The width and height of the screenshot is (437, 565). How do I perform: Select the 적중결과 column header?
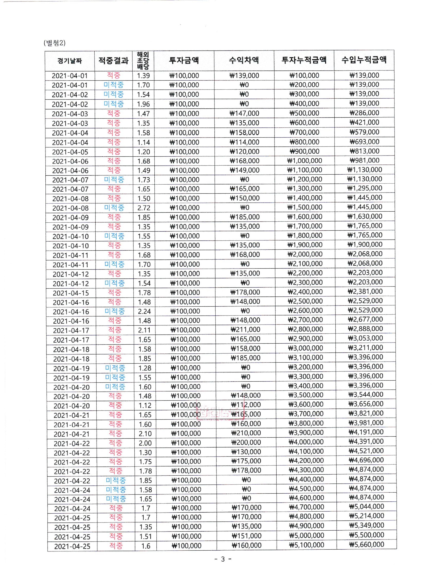tap(113, 61)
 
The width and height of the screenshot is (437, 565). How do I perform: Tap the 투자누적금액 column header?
tap(304, 60)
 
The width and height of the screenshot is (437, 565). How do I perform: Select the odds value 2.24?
tap(144, 311)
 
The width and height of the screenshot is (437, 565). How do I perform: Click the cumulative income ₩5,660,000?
tap(367, 545)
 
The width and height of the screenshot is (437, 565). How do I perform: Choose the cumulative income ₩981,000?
tap(365, 160)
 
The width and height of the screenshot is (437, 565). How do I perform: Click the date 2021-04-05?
tap(70, 152)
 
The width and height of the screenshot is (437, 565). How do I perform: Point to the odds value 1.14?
tap(143, 142)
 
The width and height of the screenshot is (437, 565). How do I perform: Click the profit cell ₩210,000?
tap(246, 433)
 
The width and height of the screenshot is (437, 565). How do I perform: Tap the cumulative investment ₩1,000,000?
tap(305, 161)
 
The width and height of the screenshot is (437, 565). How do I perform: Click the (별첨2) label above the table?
tap(54, 43)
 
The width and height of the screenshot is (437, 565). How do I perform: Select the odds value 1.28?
tap(144, 368)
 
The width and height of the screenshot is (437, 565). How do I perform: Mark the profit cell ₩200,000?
tap(246, 442)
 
